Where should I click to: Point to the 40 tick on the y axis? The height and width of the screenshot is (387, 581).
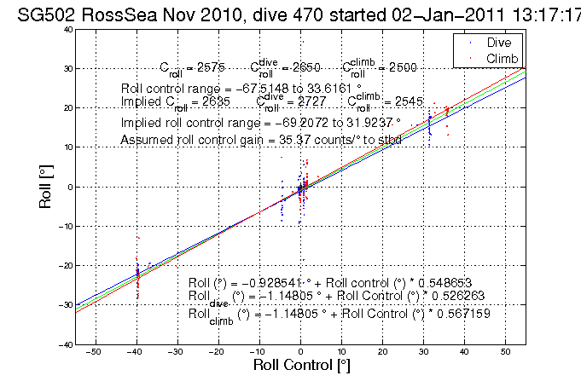click(x=67, y=29)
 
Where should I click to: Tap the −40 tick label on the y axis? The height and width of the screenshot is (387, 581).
click(x=64, y=344)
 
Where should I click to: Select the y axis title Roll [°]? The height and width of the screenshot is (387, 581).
click(x=41, y=187)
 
